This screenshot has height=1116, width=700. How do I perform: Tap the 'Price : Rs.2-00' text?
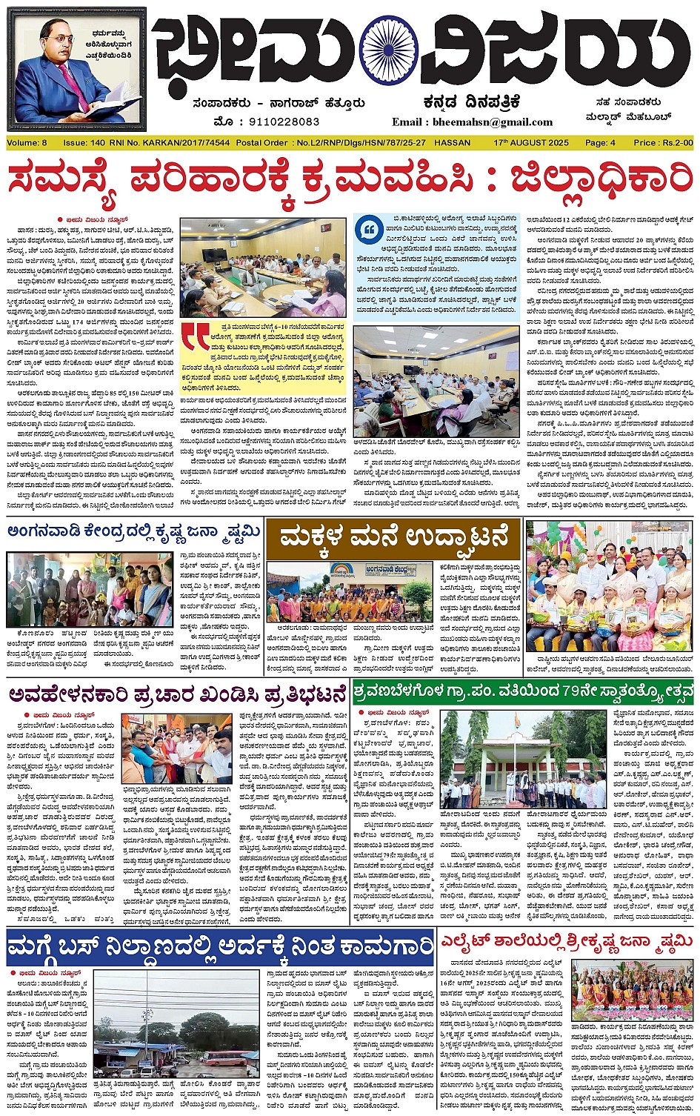coord(663,142)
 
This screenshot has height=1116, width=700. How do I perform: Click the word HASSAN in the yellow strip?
coord(452,142)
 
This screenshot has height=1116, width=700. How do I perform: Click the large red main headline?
coord(350,180)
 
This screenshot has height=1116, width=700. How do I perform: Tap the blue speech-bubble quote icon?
coord(368,230)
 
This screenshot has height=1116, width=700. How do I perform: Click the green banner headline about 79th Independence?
coord(523,691)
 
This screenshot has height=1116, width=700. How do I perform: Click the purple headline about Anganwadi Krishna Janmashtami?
coord(134,531)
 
